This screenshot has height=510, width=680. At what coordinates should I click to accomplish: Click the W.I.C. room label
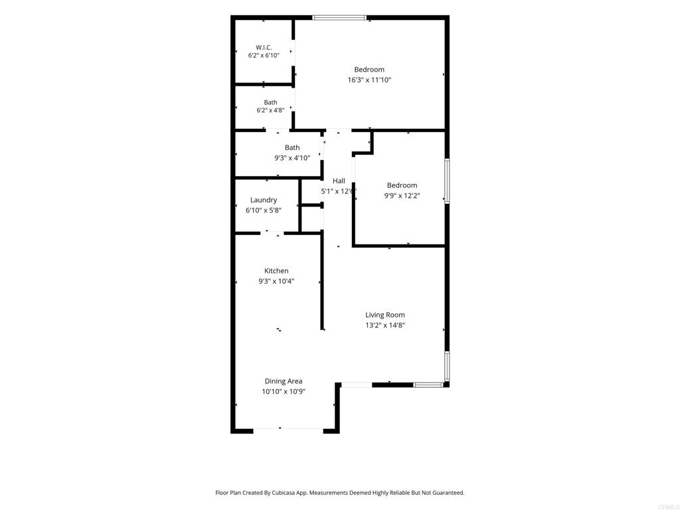[x=264, y=47]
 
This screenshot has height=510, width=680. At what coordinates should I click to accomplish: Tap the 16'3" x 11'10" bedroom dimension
[x=369, y=80]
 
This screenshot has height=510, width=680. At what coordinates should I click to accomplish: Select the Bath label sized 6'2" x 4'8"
[x=271, y=102]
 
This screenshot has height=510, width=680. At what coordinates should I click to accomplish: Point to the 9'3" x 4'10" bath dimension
[x=292, y=158]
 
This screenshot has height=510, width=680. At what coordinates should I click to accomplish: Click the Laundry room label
[x=264, y=200]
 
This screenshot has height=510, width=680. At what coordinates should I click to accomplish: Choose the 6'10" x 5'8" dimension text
[x=264, y=211]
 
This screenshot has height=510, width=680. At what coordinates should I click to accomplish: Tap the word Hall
[x=339, y=181]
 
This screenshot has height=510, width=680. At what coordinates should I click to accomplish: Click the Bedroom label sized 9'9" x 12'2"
[x=402, y=185]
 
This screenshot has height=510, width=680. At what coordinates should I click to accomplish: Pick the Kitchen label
[x=276, y=271]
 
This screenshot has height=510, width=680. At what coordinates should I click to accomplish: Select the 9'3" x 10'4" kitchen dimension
[x=276, y=281]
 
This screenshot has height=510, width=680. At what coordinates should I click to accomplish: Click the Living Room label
[x=385, y=315]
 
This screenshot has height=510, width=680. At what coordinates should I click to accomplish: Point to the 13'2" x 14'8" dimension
[x=385, y=325]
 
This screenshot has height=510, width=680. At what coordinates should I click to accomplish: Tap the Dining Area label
[x=284, y=381]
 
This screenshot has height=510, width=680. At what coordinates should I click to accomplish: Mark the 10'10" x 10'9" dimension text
[x=284, y=392]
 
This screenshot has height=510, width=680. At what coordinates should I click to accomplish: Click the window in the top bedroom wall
[x=339, y=18]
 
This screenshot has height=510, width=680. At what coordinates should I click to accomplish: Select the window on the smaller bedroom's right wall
[x=447, y=181]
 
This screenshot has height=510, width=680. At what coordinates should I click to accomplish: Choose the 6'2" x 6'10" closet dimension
[x=264, y=56]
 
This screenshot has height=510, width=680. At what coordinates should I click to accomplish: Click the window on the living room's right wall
[x=447, y=367]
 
